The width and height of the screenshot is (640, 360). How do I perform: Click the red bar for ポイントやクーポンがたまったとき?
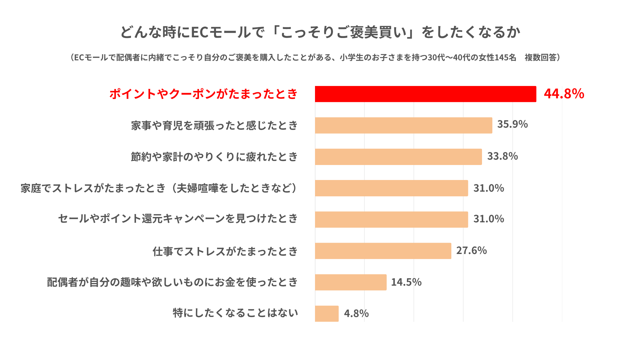coord(426,94)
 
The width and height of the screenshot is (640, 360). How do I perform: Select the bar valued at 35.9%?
coord(404,125)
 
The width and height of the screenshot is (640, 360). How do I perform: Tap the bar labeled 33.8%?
coord(398,157)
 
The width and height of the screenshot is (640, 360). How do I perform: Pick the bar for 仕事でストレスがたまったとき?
coord(383,251)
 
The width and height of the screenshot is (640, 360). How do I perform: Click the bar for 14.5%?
coord(351,282)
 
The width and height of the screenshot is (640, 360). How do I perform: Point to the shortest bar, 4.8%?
coord(327,313)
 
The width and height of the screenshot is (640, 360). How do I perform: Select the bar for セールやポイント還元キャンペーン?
coord(391,219)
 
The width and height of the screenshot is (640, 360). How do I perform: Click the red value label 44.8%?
coord(564,94)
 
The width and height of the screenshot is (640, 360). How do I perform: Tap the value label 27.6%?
coord(471,250)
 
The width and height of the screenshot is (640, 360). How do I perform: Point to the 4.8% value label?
coord(356,313)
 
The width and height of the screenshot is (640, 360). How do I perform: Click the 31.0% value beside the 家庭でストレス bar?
coord(489,188)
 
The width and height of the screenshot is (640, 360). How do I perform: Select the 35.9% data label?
coord(512,124)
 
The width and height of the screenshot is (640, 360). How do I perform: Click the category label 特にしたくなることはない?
coord(235,313)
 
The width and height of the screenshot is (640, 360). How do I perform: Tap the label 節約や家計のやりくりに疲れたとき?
coord(214,157)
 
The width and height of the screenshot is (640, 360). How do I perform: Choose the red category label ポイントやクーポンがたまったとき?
coord(204,94)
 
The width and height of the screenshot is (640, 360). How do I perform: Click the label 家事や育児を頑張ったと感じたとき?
coord(214,125)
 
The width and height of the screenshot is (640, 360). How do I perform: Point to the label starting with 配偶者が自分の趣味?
coord(172,282)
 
